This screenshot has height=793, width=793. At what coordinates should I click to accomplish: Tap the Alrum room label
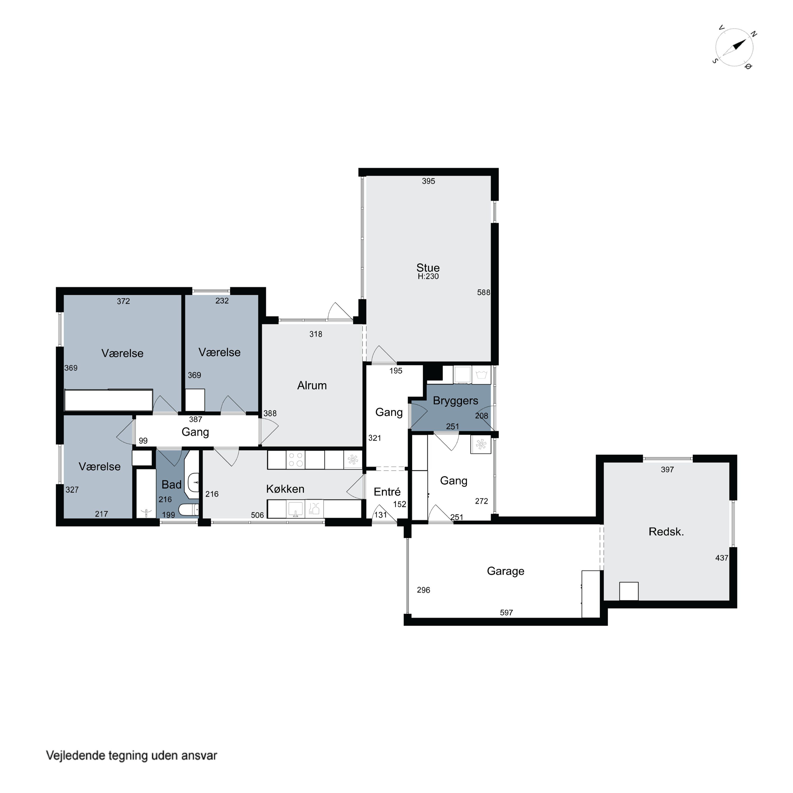pos(312,385)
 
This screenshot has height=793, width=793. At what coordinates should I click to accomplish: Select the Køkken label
pos(285,489)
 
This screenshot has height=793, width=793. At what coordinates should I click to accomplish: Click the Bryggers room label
pos(455,401)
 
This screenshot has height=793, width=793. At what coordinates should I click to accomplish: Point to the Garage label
pos(506,571)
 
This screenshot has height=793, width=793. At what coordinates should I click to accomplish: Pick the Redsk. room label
pos(666,532)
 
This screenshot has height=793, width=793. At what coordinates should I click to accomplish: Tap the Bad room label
pos(171,485)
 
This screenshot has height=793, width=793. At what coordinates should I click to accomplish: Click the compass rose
pos(734,48)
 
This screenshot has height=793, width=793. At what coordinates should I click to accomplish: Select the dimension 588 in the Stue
pos(483,293)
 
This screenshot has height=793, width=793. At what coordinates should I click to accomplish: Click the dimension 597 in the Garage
pos(506,613)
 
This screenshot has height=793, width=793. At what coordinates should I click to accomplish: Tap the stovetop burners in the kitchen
pos(295,460)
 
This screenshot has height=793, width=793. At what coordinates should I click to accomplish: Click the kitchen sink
pos(295,509)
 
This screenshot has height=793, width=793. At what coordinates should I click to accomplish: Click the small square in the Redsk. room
pos(629,591)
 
